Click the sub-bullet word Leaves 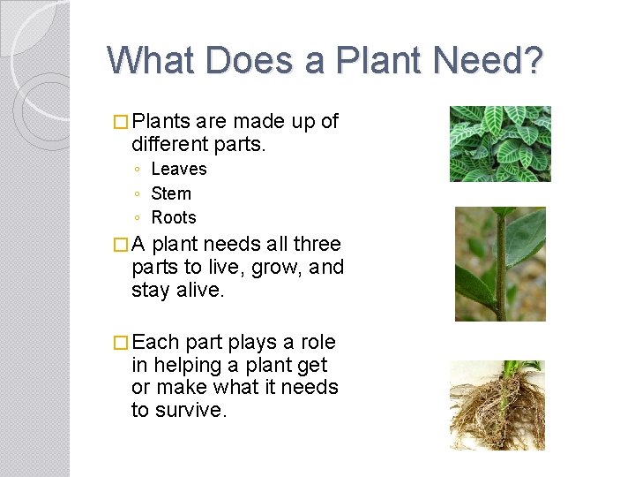pyautogui.click(x=179, y=169)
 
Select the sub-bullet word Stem pyautogui.click(x=171, y=193)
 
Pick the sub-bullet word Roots pyautogui.click(x=174, y=217)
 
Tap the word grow pyautogui.click(x=271, y=267)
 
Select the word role pyautogui.click(x=318, y=342)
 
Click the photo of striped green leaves pyautogui.click(x=500, y=144)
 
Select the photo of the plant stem pyautogui.click(x=500, y=264)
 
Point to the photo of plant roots pyautogui.click(x=497, y=405)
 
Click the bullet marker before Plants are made pyautogui.click(x=121, y=122)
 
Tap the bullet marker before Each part pyautogui.click(x=121, y=343)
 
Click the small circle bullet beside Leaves pyautogui.click(x=138, y=170)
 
